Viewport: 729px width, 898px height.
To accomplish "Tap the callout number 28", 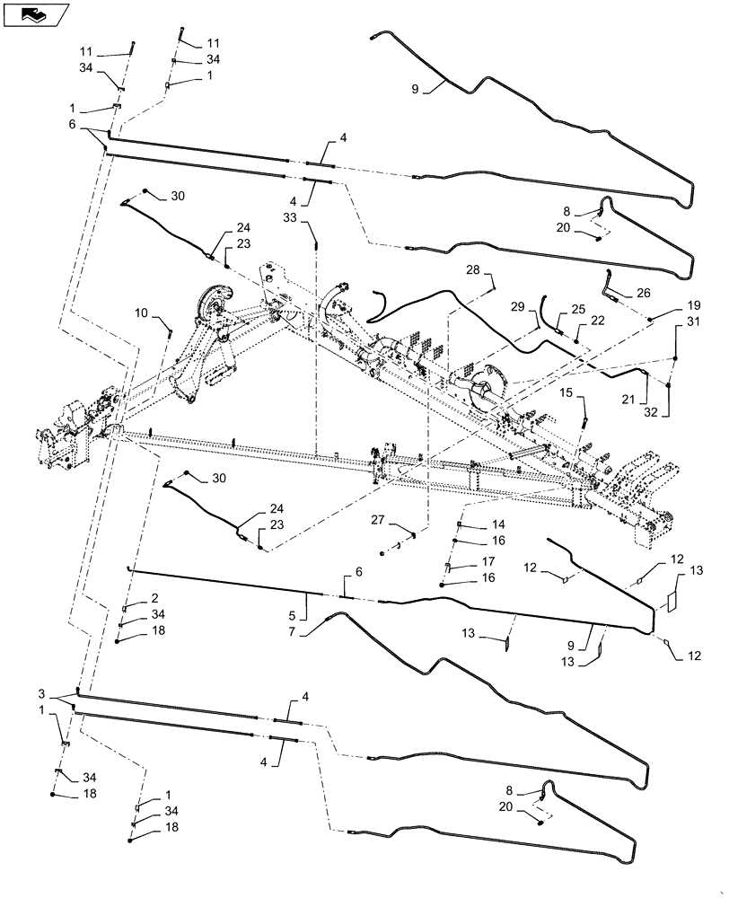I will [x=473, y=269].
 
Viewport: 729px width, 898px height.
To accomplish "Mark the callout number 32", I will [x=651, y=412].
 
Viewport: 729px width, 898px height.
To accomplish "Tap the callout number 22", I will [x=597, y=321].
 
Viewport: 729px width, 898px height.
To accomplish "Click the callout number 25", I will [x=578, y=309].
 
